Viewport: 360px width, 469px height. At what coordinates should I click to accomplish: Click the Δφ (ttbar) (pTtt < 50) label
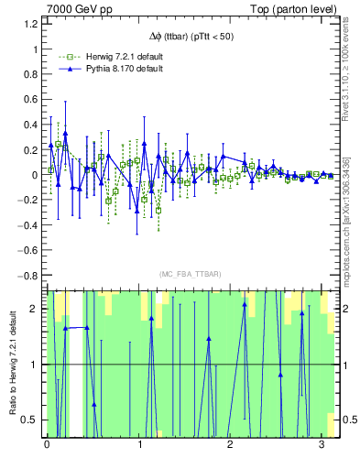coord(191,36)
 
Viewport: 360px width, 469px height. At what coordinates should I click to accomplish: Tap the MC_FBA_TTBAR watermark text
coord(191,275)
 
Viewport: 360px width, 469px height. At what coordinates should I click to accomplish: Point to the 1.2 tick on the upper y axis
coord(30,23)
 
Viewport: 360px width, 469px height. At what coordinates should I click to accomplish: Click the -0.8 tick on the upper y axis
coord(28,275)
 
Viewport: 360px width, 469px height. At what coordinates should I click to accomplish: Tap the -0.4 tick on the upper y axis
coord(28,224)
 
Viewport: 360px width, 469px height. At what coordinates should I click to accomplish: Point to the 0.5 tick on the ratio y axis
coord(30,420)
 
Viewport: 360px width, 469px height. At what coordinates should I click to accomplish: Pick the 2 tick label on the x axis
coord(230,445)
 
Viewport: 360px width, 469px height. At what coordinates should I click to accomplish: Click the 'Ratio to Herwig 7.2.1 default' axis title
coord(11,365)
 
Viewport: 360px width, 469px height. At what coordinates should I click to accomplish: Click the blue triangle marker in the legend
coord(63,69)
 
